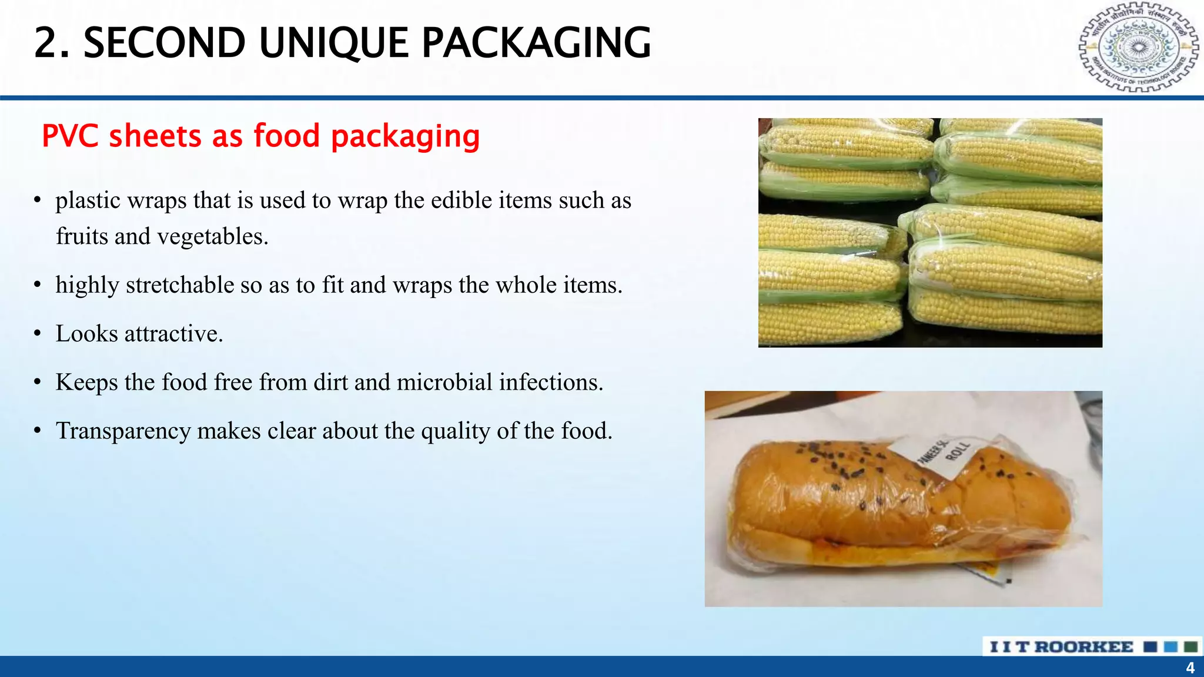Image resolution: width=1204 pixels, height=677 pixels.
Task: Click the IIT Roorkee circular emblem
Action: pyautogui.click(x=1138, y=47)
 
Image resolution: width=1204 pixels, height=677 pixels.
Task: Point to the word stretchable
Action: pyautogui.click(x=180, y=285)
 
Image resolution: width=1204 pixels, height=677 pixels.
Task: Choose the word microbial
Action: pyautogui.click(x=444, y=383)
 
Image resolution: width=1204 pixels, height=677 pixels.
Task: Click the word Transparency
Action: pyautogui.click(x=123, y=431)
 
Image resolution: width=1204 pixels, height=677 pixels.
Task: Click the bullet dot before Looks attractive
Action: pyautogui.click(x=38, y=334)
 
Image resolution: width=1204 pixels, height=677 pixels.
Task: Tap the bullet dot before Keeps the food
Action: pyautogui.click(x=38, y=383)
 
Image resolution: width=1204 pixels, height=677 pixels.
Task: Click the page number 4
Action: pyautogui.click(x=1190, y=668)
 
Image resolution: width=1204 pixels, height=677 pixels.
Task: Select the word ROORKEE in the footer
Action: pyautogui.click(x=1083, y=647)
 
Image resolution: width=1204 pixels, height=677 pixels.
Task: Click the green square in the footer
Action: pyautogui.click(x=1191, y=647)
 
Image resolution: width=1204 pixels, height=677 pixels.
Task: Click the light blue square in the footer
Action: pyautogui.click(x=1170, y=647)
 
